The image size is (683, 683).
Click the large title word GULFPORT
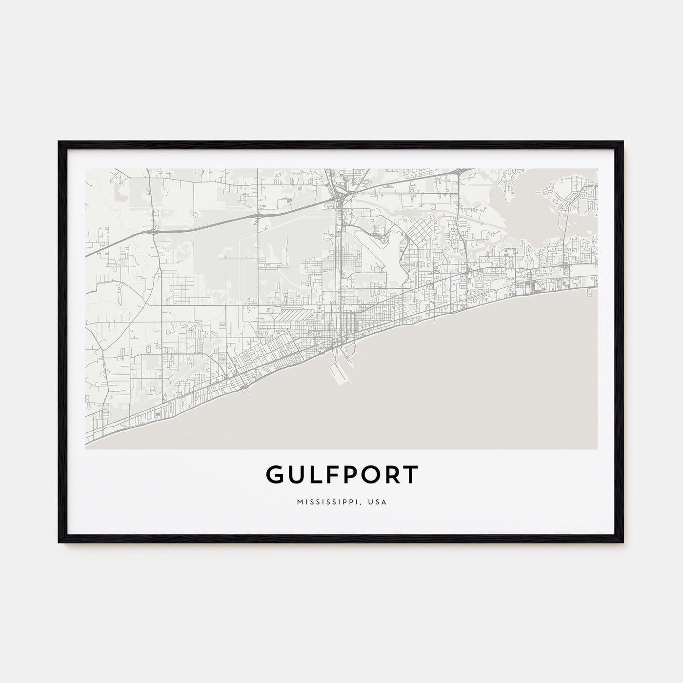(341, 474)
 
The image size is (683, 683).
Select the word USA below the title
(378, 502)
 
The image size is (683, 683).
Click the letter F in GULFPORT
(324, 474)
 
